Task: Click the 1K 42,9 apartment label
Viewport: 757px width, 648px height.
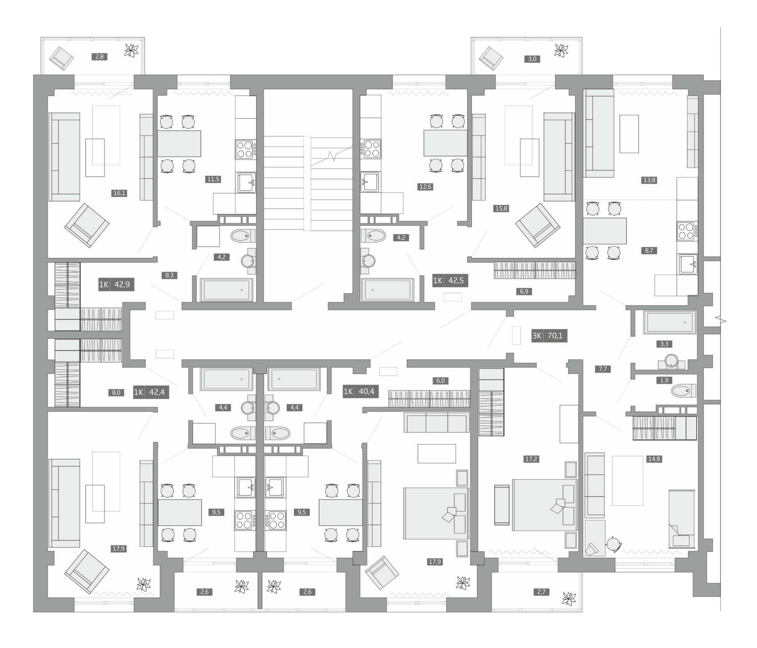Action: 116,285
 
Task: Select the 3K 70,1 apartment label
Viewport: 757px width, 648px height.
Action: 549,335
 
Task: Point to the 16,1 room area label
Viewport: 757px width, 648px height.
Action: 119,193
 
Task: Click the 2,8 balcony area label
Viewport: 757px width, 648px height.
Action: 99,57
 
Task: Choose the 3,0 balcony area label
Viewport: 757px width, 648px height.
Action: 532,59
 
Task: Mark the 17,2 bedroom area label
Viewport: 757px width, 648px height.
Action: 531,459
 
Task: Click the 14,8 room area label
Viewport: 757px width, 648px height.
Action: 654,459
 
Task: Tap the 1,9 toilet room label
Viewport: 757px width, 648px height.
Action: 664,380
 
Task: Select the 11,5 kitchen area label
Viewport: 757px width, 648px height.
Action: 213,179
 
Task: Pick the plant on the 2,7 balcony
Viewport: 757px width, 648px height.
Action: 569,598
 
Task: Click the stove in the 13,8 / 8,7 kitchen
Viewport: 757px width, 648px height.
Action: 687,231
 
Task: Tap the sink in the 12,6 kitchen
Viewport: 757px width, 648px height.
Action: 370,181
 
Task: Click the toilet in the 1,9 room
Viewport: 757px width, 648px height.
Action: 684,390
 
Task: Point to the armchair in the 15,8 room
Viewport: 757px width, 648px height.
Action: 538,225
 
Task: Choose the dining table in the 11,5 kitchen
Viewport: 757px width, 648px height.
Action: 179,144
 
